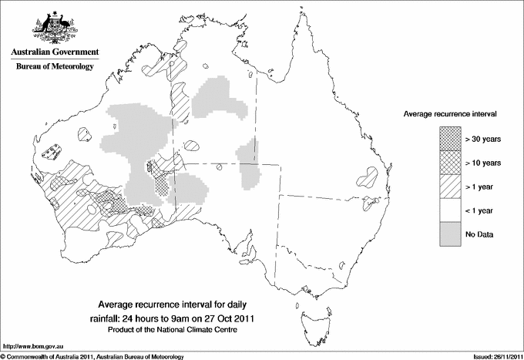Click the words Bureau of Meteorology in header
54,67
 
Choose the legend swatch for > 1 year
449,186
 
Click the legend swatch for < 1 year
449,210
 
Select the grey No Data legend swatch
449,234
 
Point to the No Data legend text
479,234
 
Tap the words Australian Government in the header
54,52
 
